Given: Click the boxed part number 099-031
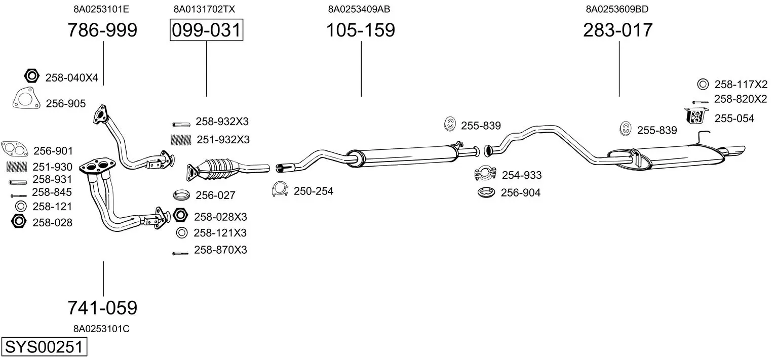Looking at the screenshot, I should (x=206, y=30).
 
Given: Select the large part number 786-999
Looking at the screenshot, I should (x=102, y=30).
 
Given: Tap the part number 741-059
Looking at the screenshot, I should (x=102, y=307).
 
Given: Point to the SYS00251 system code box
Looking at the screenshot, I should (x=44, y=348).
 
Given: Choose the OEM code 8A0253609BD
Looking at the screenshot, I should (x=617, y=9).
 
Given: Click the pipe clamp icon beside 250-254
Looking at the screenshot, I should (x=280, y=189).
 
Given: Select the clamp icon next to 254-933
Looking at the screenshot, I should (x=485, y=174).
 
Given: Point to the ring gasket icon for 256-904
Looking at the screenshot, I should (x=487, y=192).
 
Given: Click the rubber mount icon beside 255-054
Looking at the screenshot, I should (x=697, y=116).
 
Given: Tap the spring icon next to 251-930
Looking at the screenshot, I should (x=16, y=166).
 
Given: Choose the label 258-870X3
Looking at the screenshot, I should (x=220, y=250).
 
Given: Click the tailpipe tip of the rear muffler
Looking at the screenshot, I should (x=737, y=151).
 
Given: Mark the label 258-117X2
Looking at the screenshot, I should (x=741, y=84).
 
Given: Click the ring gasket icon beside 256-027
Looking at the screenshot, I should (x=181, y=195).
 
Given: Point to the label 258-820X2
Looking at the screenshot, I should (x=741, y=99).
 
